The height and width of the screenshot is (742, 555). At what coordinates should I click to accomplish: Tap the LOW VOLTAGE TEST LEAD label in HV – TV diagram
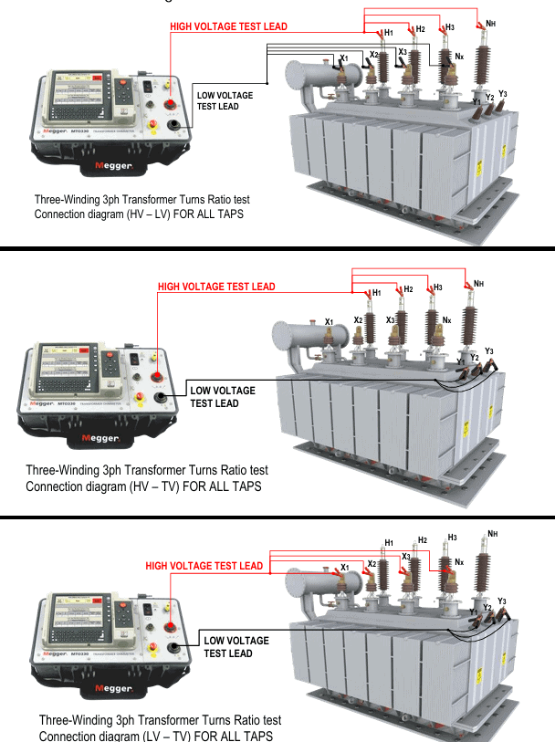[222, 397]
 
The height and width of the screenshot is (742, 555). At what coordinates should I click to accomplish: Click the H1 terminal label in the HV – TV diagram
[377, 293]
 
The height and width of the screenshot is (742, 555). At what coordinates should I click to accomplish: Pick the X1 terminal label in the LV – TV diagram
[344, 568]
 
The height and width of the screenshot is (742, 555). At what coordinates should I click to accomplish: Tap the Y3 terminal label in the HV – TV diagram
[489, 351]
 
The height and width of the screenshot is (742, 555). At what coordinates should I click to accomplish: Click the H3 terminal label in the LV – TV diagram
[452, 538]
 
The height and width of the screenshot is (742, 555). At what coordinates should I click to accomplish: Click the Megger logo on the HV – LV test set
[114, 167]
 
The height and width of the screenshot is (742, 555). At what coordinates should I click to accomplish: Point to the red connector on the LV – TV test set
[173, 625]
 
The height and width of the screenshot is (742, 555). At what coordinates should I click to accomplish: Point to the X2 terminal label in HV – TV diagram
[358, 320]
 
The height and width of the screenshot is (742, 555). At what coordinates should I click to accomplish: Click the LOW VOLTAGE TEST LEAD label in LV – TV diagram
[236, 646]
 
